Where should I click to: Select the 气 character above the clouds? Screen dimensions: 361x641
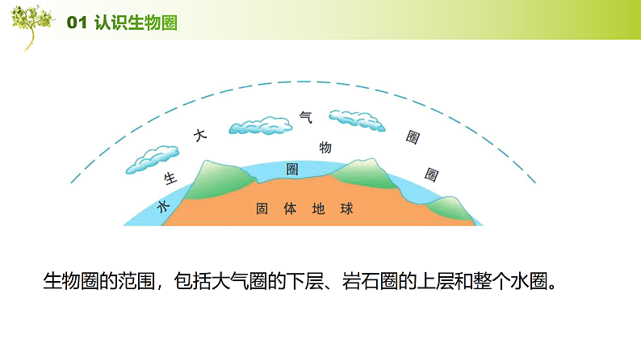click(x=305, y=117)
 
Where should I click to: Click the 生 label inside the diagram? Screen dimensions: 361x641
click(x=170, y=177)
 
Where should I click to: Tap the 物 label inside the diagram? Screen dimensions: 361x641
click(x=325, y=147)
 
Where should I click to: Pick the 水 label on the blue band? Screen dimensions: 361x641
click(x=162, y=207)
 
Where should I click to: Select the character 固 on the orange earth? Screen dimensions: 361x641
click(x=262, y=208)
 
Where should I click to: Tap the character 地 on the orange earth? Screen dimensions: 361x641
click(x=318, y=208)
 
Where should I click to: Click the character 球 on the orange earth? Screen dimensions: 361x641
click(x=346, y=208)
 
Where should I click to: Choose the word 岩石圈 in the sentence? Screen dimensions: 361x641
click(x=374, y=282)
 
